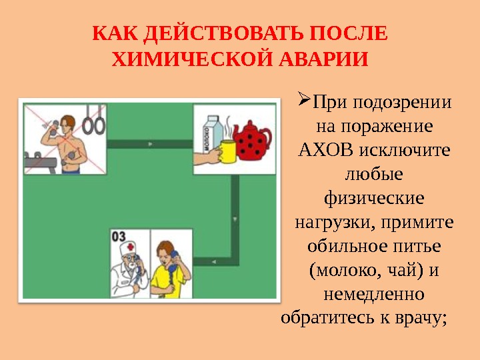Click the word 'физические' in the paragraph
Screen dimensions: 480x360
click(x=373, y=198)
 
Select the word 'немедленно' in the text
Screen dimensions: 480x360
click(x=373, y=293)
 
